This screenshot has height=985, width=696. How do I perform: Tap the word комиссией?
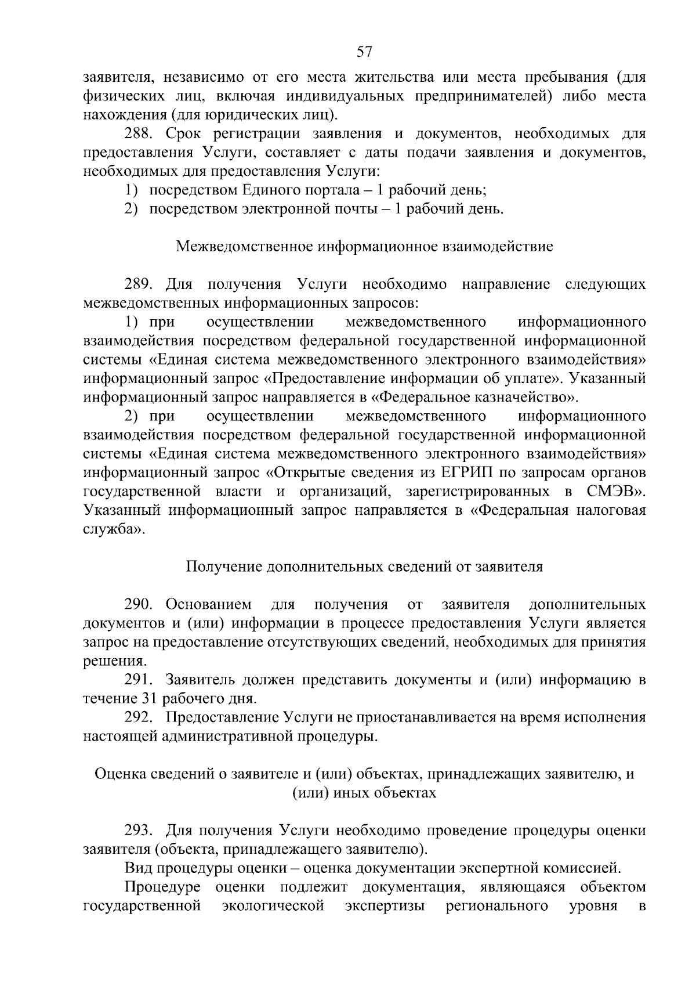click(x=572, y=868)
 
